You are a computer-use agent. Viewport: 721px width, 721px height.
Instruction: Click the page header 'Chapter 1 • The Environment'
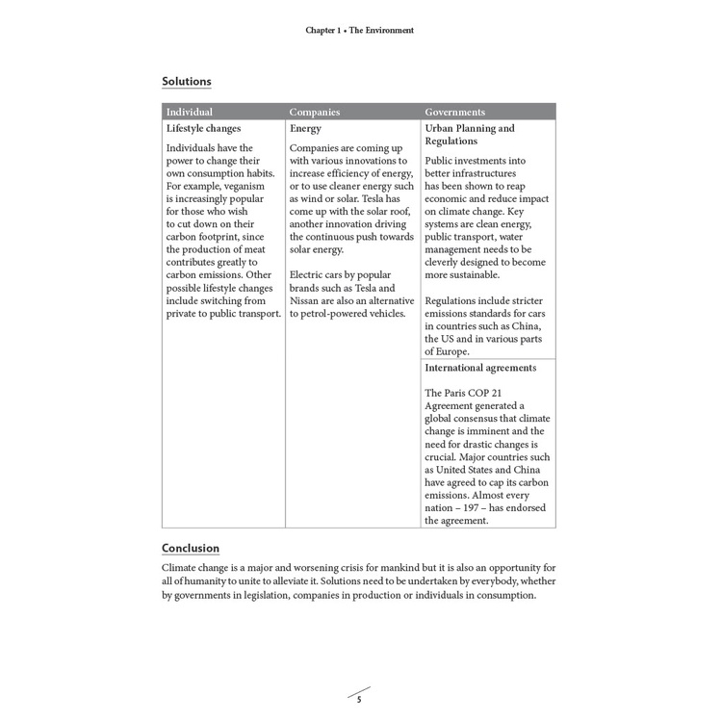click(360, 31)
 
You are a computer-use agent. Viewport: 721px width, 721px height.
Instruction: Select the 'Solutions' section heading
click(186, 82)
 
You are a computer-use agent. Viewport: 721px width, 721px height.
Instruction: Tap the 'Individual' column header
click(189, 112)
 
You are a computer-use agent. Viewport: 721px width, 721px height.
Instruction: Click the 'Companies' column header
click(315, 112)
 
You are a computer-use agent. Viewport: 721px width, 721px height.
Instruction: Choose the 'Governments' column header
click(454, 112)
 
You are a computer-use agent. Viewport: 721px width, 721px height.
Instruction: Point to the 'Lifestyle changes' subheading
click(203, 128)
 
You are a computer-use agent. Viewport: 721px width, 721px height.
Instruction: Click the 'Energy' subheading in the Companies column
click(305, 128)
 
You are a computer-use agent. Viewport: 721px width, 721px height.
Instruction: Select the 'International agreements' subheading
click(479, 368)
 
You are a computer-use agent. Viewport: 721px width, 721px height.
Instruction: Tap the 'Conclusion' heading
click(190, 549)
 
